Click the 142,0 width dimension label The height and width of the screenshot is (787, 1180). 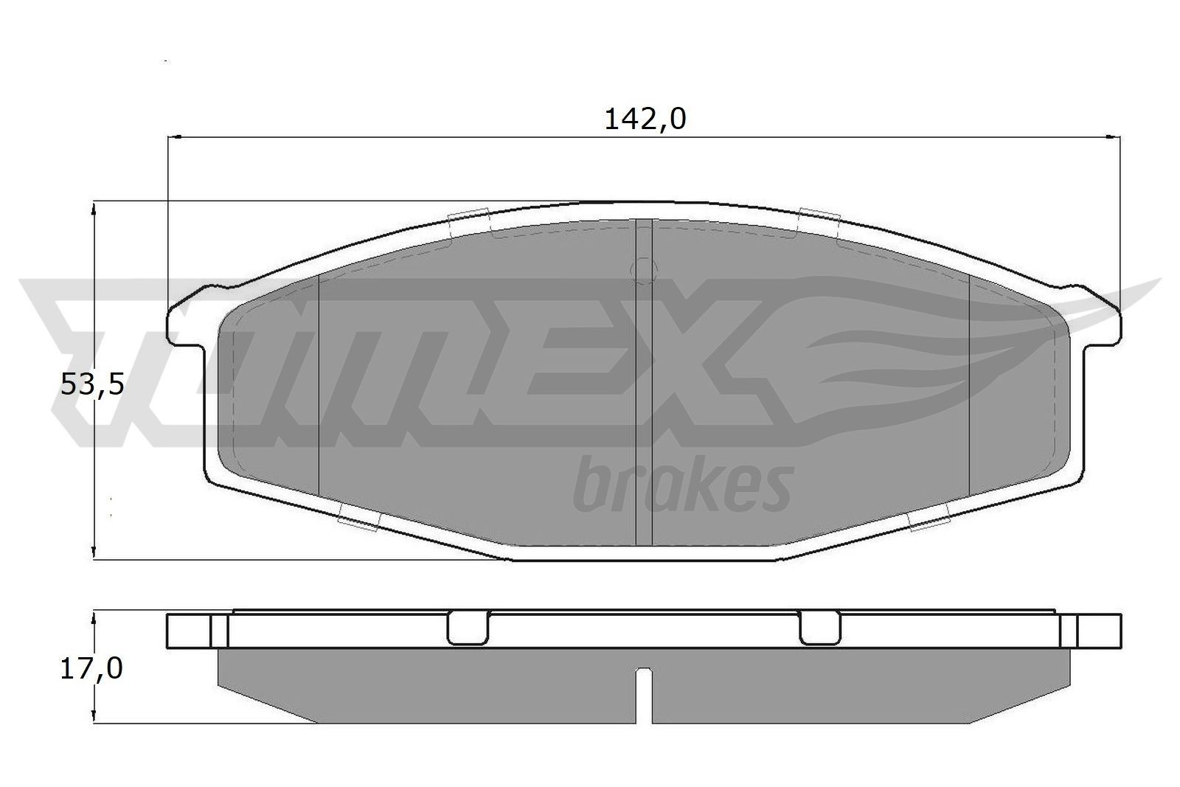(645, 119)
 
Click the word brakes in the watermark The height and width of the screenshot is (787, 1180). (682, 485)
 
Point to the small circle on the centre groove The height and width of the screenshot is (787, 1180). (645, 270)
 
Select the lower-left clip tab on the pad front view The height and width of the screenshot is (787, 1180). (358, 521)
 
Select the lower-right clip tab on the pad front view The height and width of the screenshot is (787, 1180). (929, 521)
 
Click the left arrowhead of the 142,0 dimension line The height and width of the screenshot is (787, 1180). (175, 137)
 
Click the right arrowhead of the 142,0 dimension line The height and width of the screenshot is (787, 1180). (1114, 137)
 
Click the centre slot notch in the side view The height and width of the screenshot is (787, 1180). (644, 693)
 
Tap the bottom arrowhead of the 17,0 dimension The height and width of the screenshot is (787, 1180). (93, 716)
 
